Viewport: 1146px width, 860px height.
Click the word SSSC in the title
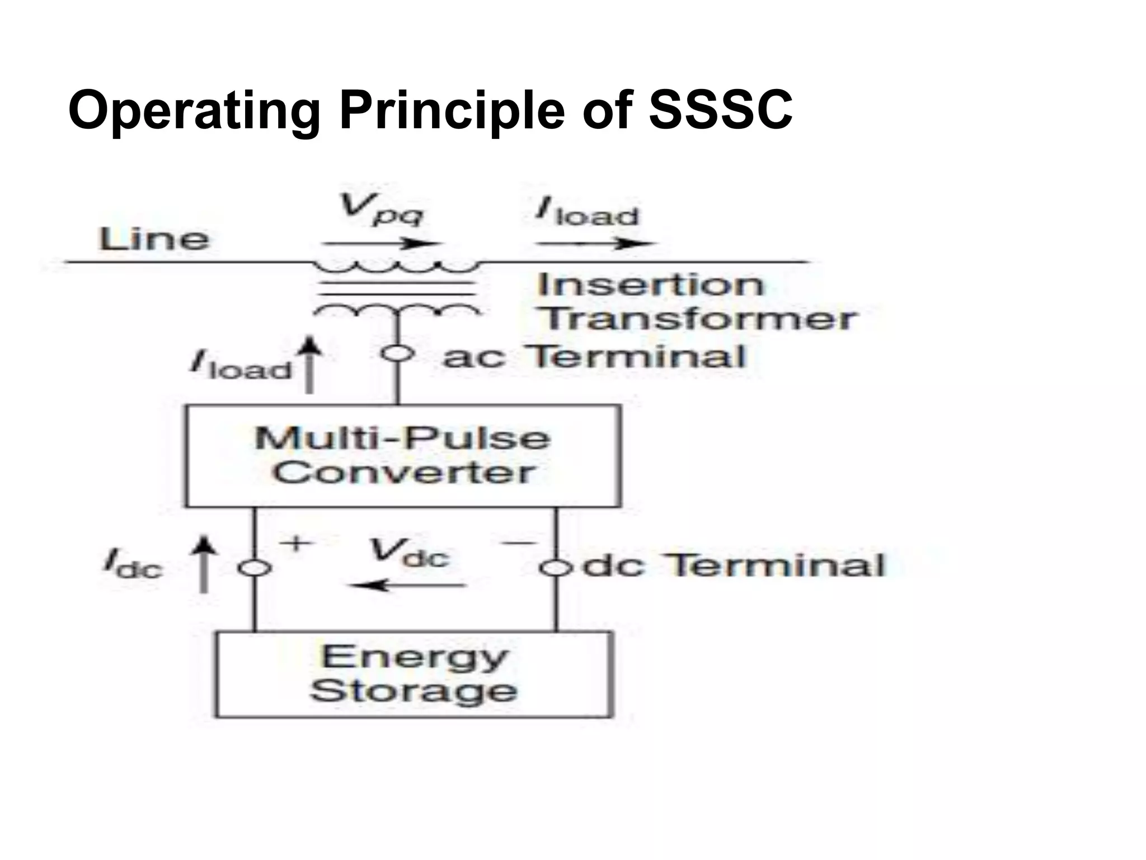click(x=720, y=110)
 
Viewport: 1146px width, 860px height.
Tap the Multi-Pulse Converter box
click(x=402, y=456)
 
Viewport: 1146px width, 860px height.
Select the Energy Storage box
click(x=414, y=674)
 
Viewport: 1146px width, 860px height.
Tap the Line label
click(x=154, y=240)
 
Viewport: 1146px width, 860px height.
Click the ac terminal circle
click(x=398, y=354)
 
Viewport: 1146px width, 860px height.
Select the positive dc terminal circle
click(x=255, y=568)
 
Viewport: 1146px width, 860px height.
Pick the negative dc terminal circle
click(x=556, y=568)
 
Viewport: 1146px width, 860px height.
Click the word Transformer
click(x=697, y=319)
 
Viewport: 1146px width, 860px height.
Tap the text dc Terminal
click(x=734, y=565)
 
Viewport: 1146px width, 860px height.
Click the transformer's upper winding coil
click(x=397, y=268)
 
